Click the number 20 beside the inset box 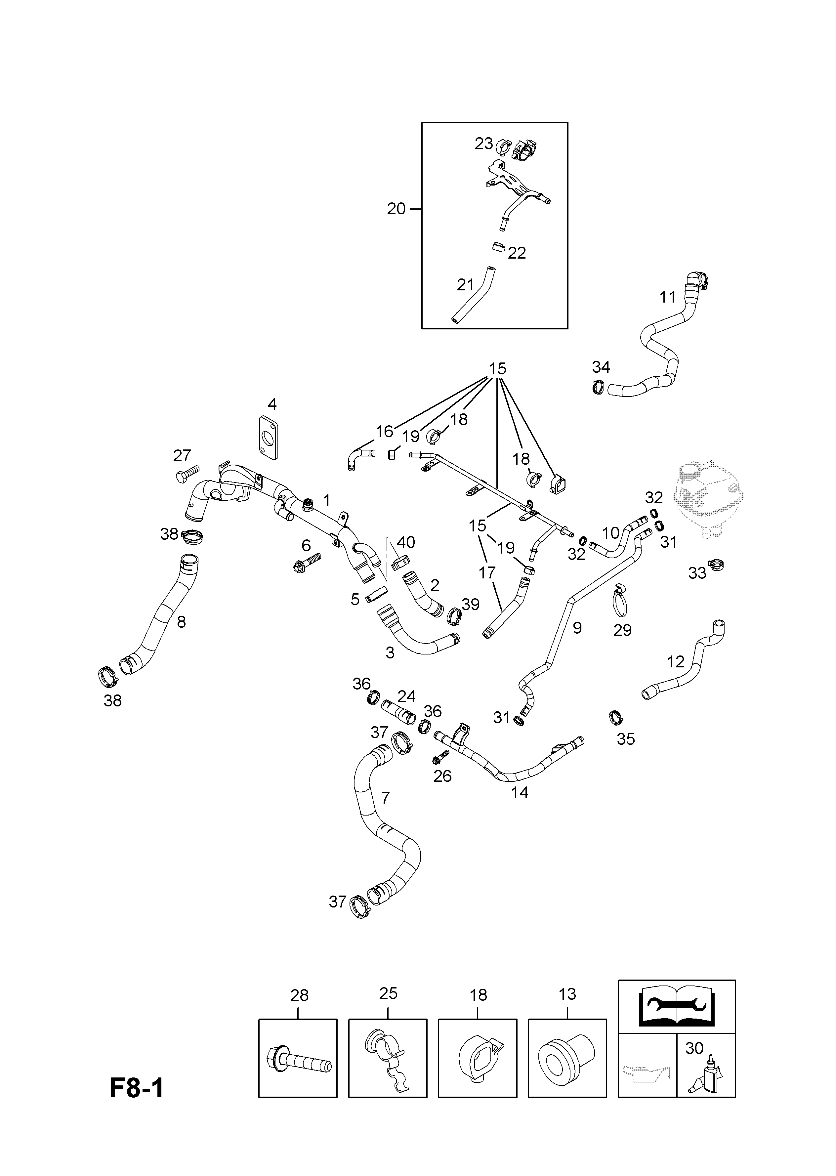click(x=397, y=209)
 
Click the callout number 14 click(x=520, y=793)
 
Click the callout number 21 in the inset click(x=465, y=285)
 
